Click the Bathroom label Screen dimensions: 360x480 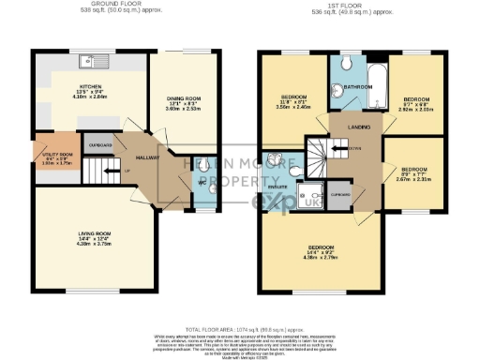357,86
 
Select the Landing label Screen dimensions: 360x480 356,127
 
